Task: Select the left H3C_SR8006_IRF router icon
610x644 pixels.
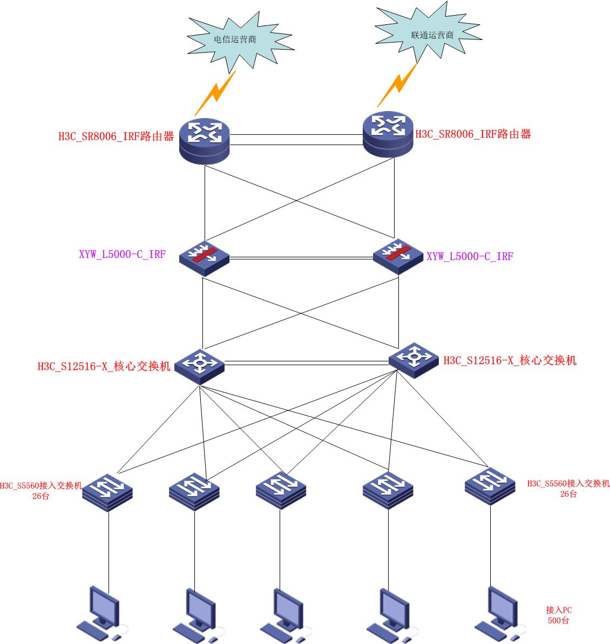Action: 205,141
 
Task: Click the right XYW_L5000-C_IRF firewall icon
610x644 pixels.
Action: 398,256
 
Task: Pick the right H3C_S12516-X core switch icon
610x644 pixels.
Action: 414,359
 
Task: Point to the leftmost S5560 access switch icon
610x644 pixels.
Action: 107,489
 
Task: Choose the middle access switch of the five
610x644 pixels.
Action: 281,488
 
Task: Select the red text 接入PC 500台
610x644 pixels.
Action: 559,615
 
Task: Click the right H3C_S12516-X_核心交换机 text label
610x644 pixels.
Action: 510,361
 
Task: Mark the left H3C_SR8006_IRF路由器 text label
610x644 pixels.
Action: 116,136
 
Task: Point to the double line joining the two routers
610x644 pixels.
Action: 296,139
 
